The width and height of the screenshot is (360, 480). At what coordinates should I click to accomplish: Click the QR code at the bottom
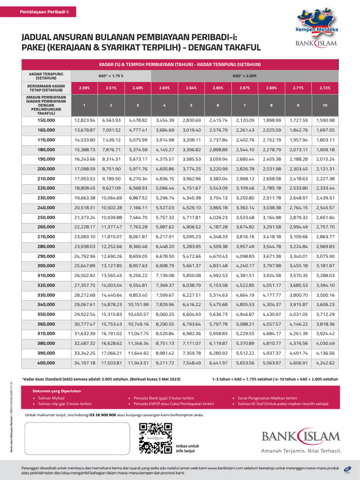coord(155,438)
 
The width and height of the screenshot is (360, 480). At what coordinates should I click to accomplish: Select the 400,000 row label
coord(46,362)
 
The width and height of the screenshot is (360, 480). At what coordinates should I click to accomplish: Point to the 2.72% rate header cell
coord(326,87)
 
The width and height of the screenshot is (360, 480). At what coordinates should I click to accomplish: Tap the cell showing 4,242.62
coord(326,362)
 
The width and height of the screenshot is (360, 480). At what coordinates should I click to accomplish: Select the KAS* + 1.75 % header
coord(111,75)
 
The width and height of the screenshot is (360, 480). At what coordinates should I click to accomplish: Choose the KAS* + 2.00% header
coord(246,75)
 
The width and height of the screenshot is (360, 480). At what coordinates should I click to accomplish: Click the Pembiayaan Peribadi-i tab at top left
coord(44,11)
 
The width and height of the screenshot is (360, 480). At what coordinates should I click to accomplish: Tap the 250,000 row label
coord(46,217)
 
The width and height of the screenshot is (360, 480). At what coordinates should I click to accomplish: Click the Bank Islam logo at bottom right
coord(300,435)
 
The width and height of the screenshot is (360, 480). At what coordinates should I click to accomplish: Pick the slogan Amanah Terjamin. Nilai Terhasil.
coord(300,451)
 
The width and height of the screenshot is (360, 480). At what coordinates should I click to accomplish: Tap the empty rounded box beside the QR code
coord(77,438)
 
